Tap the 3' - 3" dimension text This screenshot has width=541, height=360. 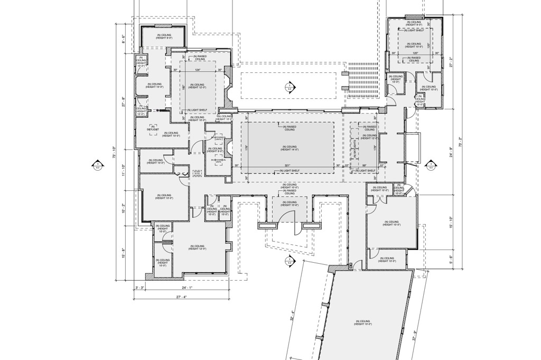click(139, 288)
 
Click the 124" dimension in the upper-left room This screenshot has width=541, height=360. click(197, 70)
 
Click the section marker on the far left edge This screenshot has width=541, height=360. click(98, 165)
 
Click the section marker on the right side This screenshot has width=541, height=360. click(431, 165)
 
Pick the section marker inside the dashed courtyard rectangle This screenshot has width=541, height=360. click(289, 87)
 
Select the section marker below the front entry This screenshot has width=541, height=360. click(289, 260)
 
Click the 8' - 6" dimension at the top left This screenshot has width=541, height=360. click(123, 40)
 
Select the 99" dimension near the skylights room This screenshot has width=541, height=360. click(364, 165)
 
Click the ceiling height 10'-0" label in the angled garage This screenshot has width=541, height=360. click(364, 322)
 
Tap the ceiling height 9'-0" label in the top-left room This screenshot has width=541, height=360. click(163, 37)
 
